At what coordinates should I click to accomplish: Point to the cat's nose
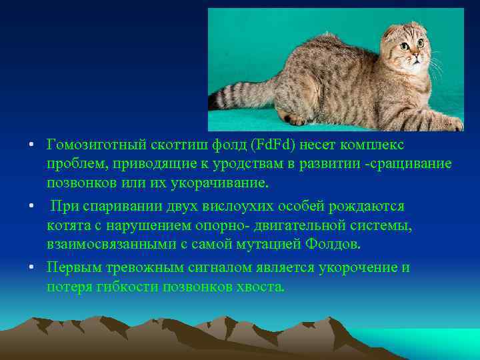pos(415,57)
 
